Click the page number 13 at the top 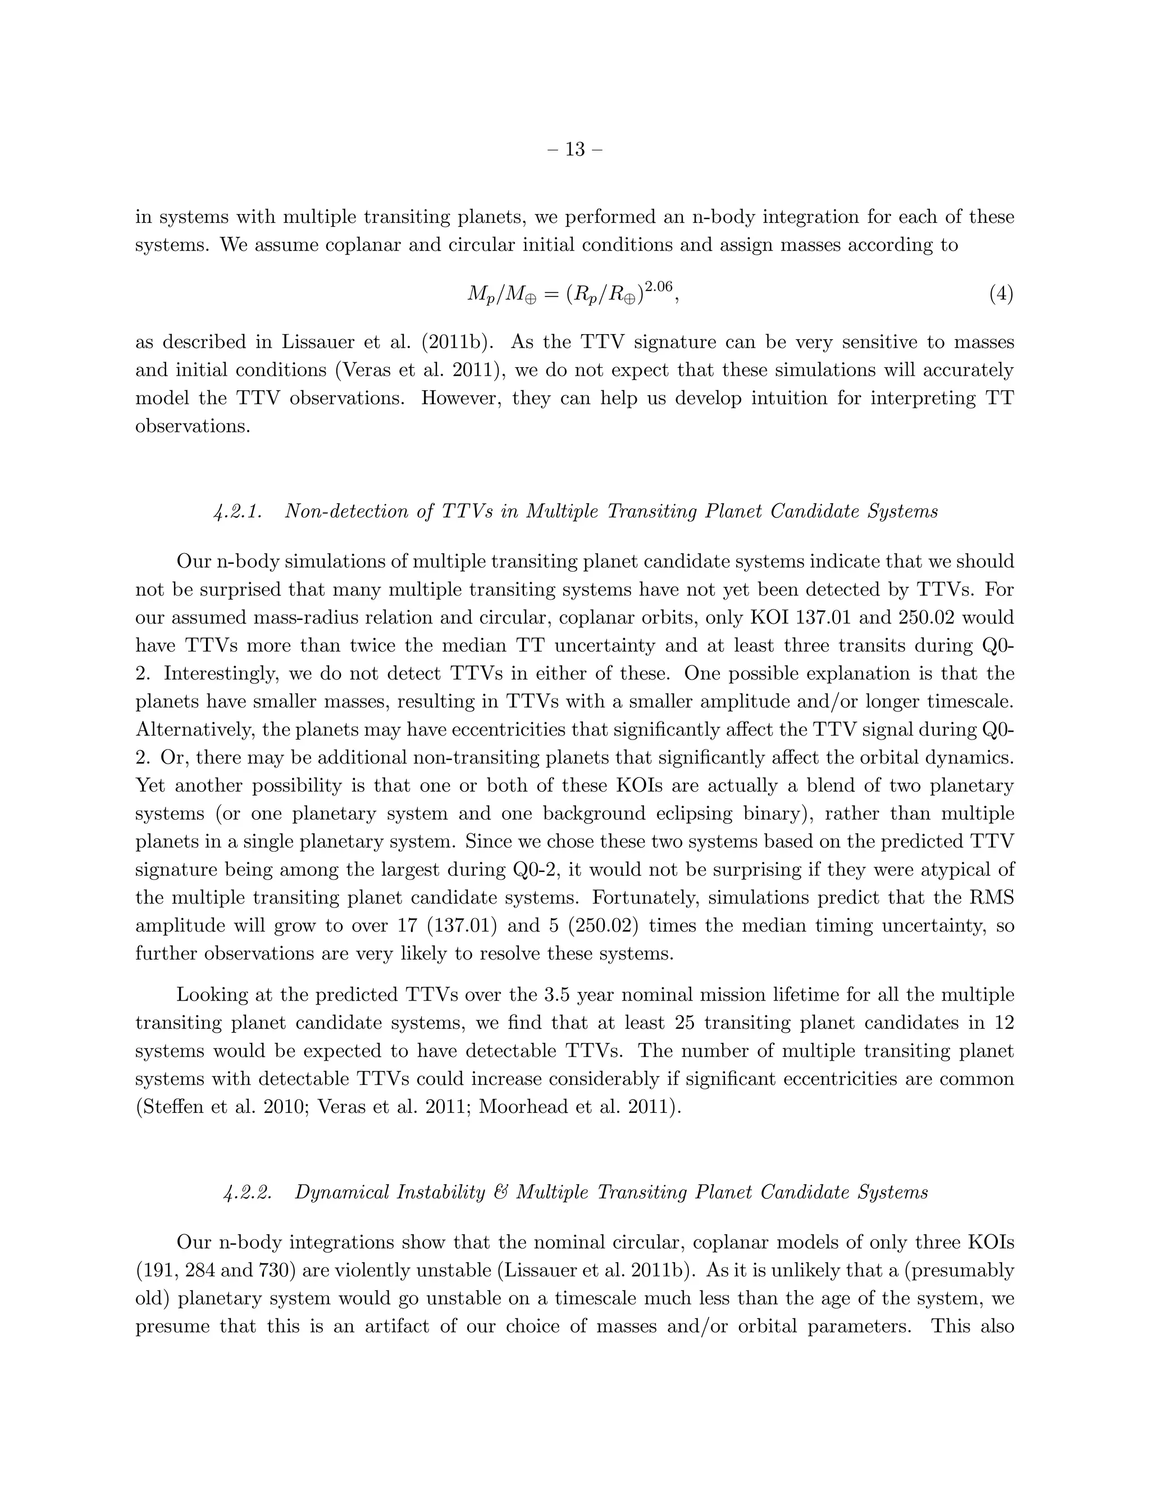575,149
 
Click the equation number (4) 1000,294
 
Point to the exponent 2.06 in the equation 658,285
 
